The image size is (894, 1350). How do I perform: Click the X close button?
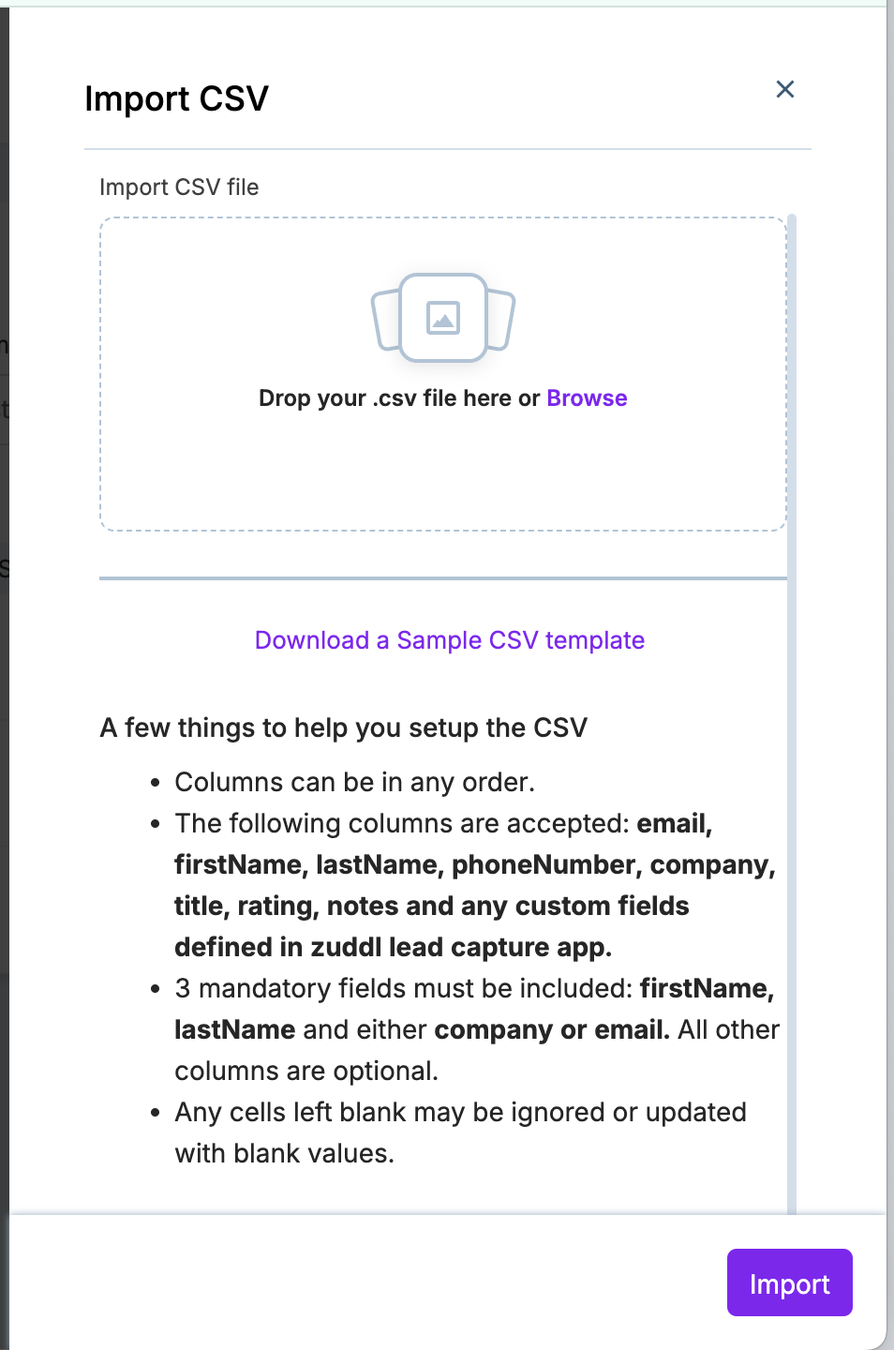pyautogui.click(x=785, y=89)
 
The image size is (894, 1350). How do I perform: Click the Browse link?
pyautogui.click(x=587, y=398)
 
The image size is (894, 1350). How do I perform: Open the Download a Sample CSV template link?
pyautogui.click(x=450, y=640)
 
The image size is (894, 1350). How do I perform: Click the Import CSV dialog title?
pyautogui.click(x=176, y=98)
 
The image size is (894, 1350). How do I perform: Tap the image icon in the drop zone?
pyautogui.click(x=443, y=318)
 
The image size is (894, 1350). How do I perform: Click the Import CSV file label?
pyautogui.click(x=179, y=187)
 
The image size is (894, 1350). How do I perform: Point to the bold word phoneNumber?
pyautogui.click(x=543, y=864)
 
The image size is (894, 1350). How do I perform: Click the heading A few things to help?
pyautogui.click(x=343, y=727)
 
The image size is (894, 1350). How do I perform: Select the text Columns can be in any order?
pyautogui.click(x=354, y=782)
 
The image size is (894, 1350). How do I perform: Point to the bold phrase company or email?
pyautogui.click(x=551, y=1029)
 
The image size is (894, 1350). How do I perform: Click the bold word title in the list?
pyautogui.click(x=201, y=906)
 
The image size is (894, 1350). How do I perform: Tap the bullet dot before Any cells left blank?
pyautogui.click(x=156, y=1113)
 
